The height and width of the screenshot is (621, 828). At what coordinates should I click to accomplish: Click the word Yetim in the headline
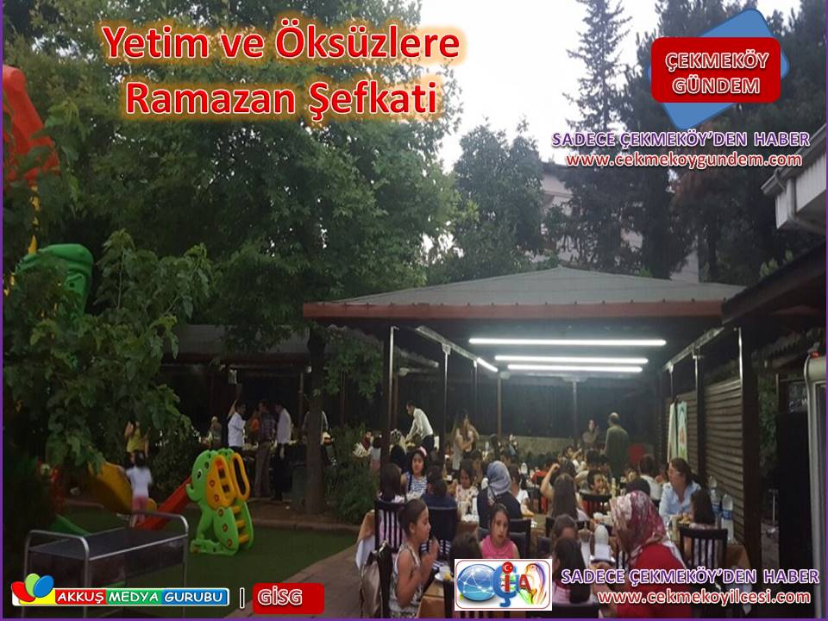(155, 42)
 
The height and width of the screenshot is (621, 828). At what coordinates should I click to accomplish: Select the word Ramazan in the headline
(210, 97)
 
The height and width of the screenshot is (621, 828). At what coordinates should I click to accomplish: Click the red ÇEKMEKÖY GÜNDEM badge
(716, 70)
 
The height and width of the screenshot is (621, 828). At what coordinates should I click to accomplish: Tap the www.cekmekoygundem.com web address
(684, 160)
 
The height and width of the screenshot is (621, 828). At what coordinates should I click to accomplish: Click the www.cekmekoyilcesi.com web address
(704, 597)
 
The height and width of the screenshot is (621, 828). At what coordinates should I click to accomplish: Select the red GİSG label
(288, 598)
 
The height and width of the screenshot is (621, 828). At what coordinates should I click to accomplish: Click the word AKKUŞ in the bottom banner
(80, 597)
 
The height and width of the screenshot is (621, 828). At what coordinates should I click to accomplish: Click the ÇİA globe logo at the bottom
(503, 585)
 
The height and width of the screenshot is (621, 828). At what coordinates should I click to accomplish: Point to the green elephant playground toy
(220, 500)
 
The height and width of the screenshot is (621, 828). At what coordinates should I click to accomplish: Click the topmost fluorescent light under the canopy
(568, 342)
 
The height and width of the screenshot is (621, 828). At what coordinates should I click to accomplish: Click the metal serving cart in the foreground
(105, 560)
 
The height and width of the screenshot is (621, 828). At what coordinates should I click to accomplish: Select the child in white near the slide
(139, 483)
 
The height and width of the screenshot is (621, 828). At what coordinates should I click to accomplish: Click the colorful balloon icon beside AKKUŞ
(33, 589)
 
